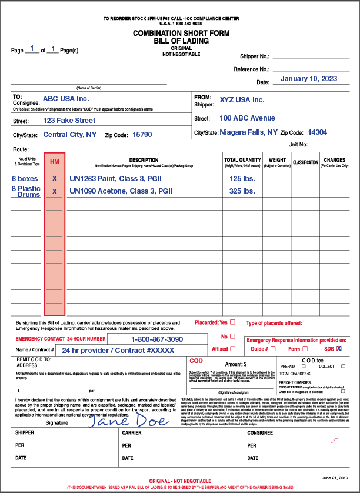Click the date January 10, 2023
click(x=308, y=79)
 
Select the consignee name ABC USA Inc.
click(x=66, y=99)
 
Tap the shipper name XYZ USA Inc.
click(x=242, y=100)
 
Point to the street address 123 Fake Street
click(x=69, y=121)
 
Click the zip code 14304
click(x=318, y=132)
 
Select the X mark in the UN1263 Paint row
click(x=55, y=178)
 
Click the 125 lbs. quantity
click(x=242, y=178)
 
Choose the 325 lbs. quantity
click(x=242, y=191)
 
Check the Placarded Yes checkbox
click(x=232, y=322)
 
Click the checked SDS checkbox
click(x=339, y=349)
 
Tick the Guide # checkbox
click(x=273, y=349)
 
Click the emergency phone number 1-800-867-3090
click(x=156, y=339)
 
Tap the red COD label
click(x=196, y=361)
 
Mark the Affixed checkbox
click(x=232, y=349)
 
